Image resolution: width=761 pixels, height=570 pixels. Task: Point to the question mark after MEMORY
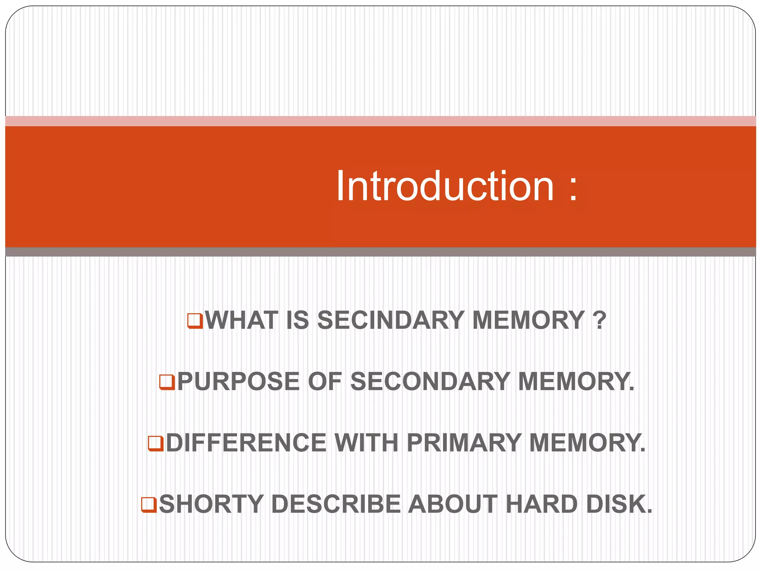click(x=599, y=320)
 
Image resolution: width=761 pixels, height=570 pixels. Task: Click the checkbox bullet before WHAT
click(x=195, y=321)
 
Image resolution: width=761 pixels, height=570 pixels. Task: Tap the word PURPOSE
click(x=238, y=381)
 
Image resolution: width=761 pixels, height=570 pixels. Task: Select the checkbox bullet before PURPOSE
click(x=167, y=382)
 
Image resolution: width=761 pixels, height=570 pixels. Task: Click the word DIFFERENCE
click(x=246, y=443)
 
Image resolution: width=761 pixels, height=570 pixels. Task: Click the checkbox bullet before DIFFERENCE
click(x=156, y=443)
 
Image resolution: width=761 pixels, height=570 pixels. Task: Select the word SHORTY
click(x=211, y=504)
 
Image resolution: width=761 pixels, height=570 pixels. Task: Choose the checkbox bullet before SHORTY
click(x=149, y=505)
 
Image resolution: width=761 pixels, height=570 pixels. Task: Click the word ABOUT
click(x=453, y=504)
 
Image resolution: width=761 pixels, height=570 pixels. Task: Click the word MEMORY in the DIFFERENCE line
click(x=586, y=443)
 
